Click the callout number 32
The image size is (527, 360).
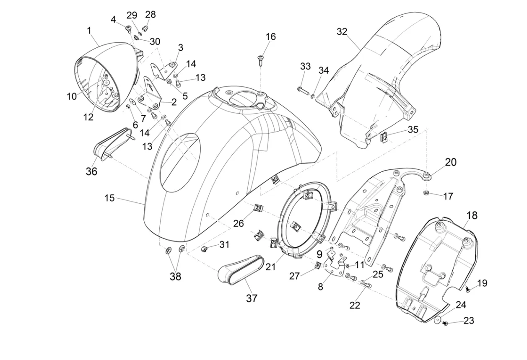click(x=342, y=32)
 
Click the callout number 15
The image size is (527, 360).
click(x=109, y=198)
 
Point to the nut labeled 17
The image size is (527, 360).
click(x=426, y=193)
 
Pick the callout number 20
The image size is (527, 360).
click(x=451, y=162)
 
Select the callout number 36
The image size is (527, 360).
click(x=91, y=171)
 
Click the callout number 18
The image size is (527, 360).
click(x=472, y=215)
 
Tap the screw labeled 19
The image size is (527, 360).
click(x=468, y=289)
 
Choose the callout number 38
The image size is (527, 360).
click(x=175, y=277)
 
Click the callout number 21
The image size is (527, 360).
click(x=271, y=266)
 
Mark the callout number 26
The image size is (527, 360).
click(x=239, y=223)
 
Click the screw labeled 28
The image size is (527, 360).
click(x=146, y=28)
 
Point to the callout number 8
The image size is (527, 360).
click(x=320, y=287)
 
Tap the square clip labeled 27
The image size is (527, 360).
click(x=318, y=265)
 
